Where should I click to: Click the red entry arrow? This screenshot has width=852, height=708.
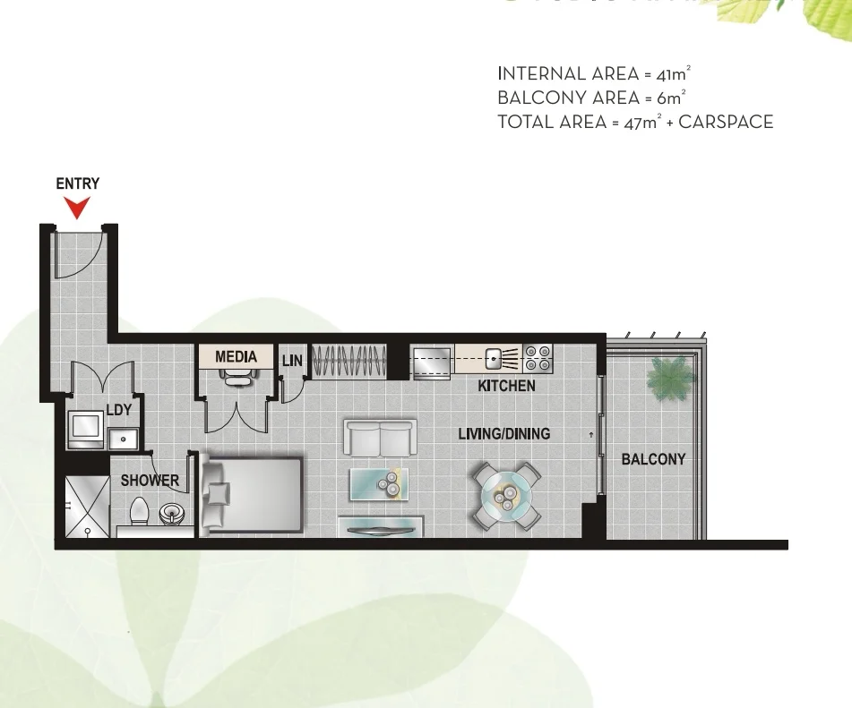click(78, 208)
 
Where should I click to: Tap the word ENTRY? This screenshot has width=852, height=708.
click(78, 184)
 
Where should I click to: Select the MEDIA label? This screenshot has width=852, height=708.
click(236, 357)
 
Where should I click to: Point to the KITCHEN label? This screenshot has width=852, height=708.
click(506, 387)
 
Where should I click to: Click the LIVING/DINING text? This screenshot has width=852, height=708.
click(503, 434)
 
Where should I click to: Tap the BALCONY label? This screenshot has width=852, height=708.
click(653, 459)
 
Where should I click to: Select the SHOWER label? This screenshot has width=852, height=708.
click(150, 481)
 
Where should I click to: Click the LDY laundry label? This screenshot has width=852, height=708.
click(119, 411)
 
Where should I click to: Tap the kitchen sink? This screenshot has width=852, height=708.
click(495, 359)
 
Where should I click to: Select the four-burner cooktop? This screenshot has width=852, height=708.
click(538, 358)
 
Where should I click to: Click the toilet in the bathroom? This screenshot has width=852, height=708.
click(139, 512)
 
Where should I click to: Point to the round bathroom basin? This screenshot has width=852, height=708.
click(170, 515)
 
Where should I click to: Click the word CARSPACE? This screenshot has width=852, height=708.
click(726, 123)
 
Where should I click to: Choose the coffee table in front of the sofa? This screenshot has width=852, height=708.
click(379, 484)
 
